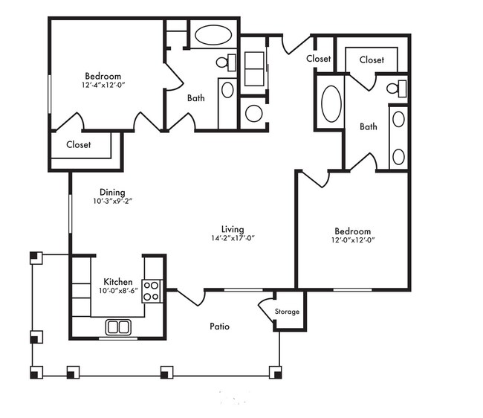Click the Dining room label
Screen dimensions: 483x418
[x=112, y=193]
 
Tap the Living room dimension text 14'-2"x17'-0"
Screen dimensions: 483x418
[x=233, y=238]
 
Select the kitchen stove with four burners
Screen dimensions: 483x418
[x=152, y=291]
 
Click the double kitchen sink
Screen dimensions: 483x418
[x=118, y=327]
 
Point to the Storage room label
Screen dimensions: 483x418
[x=287, y=312]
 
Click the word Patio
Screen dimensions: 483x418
[x=220, y=326]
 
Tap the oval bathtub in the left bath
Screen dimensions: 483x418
[x=213, y=35]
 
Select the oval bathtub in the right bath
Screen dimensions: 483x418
[x=331, y=104]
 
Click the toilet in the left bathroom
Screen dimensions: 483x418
[x=226, y=62]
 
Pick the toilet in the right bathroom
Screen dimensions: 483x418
[x=397, y=89]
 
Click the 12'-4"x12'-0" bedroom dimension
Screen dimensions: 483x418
[x=103, y=85]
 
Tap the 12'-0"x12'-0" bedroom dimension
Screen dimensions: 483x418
[x=353, y=239]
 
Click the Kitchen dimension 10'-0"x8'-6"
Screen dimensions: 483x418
[x=118, y=291]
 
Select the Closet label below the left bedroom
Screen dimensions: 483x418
[x=79, y=144]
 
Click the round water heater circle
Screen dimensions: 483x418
[x=254, y=114]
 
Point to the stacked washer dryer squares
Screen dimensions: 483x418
[x=254, y=69]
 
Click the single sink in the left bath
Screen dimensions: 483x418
[x=227, y=90]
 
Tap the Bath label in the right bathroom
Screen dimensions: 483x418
[x=369, y=126]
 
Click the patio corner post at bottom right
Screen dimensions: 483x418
[x=276, y=372]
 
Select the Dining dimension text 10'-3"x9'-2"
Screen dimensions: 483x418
[x=113, y=201]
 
